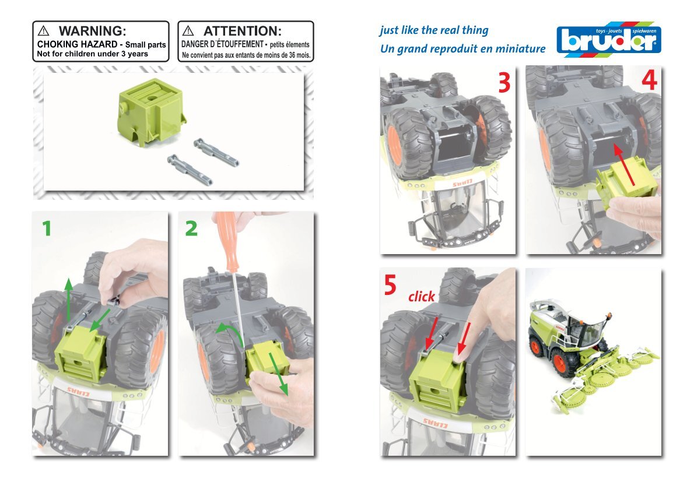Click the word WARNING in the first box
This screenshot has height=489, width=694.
[x=93, y=31]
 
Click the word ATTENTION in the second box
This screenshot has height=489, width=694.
[x=243, y=31]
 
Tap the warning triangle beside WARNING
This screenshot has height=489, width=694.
[x=43, y=31]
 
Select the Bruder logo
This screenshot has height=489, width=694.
[x=609, y=40]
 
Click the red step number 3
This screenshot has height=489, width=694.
[x=504, y=82]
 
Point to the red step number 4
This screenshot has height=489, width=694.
[x=649, y=80]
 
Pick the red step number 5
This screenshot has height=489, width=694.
[x=390, y=285]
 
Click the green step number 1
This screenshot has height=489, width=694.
[x=47, y=228]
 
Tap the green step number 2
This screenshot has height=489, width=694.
[x=191, y=228]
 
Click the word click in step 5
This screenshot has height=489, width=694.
[x=421, y=296]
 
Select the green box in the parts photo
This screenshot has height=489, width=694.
[x=151, y=112]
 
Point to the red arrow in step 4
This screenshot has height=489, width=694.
[x=624, y=164]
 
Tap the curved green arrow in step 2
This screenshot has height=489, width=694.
[x=231, y=332]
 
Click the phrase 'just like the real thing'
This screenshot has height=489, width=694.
[x=434, y=30]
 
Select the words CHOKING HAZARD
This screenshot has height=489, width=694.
[x=77, y=44]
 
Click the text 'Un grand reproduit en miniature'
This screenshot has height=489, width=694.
[x=462, y=48]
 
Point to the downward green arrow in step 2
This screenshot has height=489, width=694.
[x=278, y=374]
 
